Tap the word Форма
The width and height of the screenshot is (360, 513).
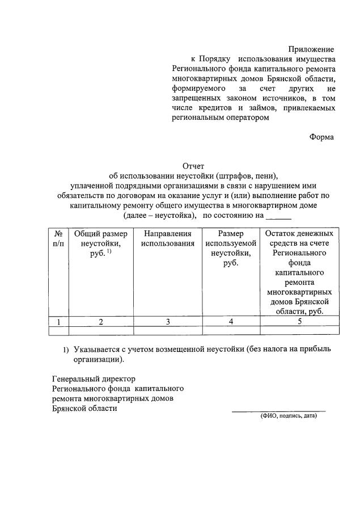pyautogui.click(x=321, y=137)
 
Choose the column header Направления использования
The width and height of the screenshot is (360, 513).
pyautogui.click(x=168, y=238)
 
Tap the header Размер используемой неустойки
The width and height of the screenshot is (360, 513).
pyautogui.click(x=230, y=248)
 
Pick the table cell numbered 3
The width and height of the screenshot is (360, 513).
pyautogui.click(x=168, y=322)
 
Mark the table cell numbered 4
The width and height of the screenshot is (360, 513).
pyautogui.click(x=230, y=322)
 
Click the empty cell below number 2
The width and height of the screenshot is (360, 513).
pyautogui.click(x=101, y=330)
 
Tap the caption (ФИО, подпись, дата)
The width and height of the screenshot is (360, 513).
pyautogui.click(x=288, y=416)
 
